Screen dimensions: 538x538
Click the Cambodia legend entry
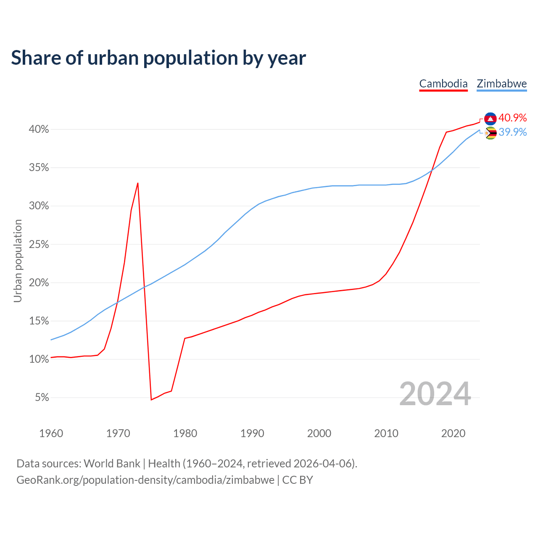(443, 84)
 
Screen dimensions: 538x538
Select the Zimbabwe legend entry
(501, 84)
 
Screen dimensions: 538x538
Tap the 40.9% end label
(512, 118)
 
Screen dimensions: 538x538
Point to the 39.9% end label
(512, 132)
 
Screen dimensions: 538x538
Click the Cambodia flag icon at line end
(490, 119)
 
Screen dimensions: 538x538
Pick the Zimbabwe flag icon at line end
(490, 133)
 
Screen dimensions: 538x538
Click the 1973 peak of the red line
(138, 183)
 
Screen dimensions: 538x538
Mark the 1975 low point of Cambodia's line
(151, 400)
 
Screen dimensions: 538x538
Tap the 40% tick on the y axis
(39, 129)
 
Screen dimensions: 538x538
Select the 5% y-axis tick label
(42, 398)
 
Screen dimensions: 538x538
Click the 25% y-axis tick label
(39, 245)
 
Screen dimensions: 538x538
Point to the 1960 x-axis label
(51, 433)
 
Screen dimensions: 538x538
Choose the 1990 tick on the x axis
(252, 433)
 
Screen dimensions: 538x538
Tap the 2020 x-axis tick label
(453, 433)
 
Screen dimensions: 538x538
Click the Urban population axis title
(18, 261)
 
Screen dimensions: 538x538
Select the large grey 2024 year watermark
(435, 394)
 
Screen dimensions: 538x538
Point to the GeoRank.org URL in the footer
(145, 480)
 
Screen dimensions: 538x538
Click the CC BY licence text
(298, 480)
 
